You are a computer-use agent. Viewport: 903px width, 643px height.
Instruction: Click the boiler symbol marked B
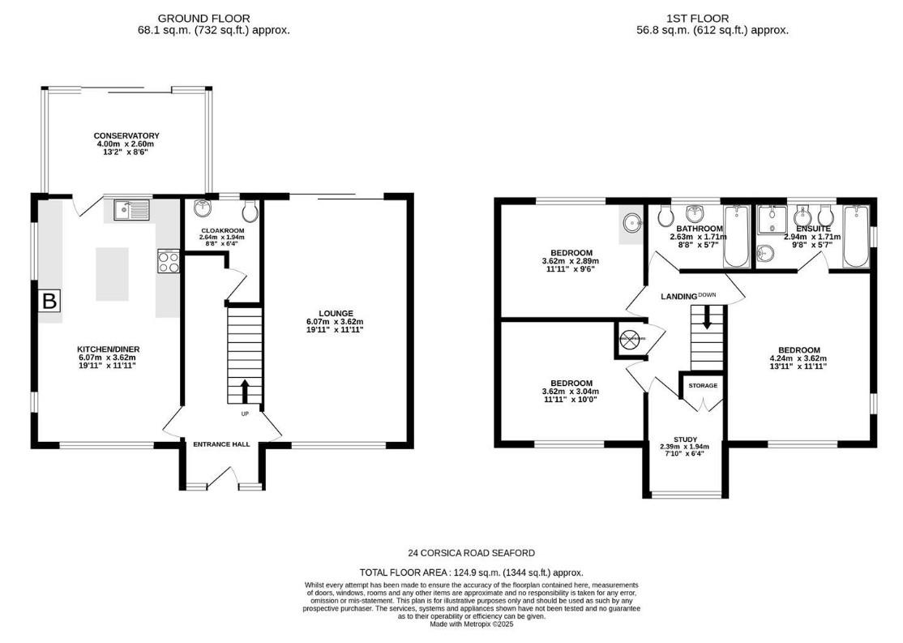pos(49,302)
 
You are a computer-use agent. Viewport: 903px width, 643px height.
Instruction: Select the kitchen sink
pos(131,211)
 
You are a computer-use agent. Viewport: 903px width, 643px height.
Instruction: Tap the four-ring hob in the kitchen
pos(169,262)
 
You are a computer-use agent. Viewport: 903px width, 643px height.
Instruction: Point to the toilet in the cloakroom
pos(250,212)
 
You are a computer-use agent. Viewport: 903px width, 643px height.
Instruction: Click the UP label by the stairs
pos(245,414)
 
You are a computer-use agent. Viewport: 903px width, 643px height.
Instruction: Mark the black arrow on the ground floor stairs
pos(245,391)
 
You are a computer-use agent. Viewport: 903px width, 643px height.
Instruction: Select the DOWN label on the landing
pos(707,295)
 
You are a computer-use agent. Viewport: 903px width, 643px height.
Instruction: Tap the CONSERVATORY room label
pos(126,135)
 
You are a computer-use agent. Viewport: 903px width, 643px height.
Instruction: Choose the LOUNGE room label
pos(335,313)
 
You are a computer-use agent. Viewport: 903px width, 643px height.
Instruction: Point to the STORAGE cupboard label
pos(703,385)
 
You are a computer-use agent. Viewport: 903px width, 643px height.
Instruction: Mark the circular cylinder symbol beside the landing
pos(629,339)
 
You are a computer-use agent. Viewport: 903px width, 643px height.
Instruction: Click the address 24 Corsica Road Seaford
pos(471,553)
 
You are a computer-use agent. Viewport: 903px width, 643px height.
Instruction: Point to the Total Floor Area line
pos(471,572)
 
